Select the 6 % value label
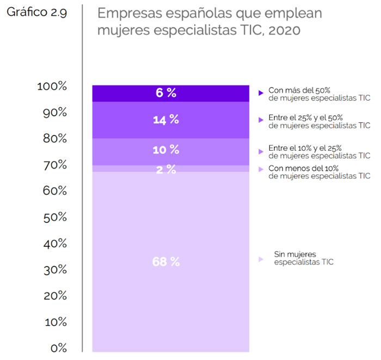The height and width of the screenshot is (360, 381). click(166, 93)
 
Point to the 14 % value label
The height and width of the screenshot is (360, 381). click(166, 120)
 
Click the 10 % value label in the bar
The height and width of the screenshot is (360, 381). click(166, 150)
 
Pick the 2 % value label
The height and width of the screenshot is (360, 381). click(166, 169)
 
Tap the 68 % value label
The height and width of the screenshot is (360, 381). click(166, 262)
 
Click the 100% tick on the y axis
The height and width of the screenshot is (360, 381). click(52, 86)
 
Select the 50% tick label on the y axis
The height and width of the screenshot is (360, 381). click(54, 218)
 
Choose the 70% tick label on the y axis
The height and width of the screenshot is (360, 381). click(54, 165)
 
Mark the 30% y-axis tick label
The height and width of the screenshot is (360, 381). click(54, 270)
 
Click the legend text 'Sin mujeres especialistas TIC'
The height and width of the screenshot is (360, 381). click(304, 258)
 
